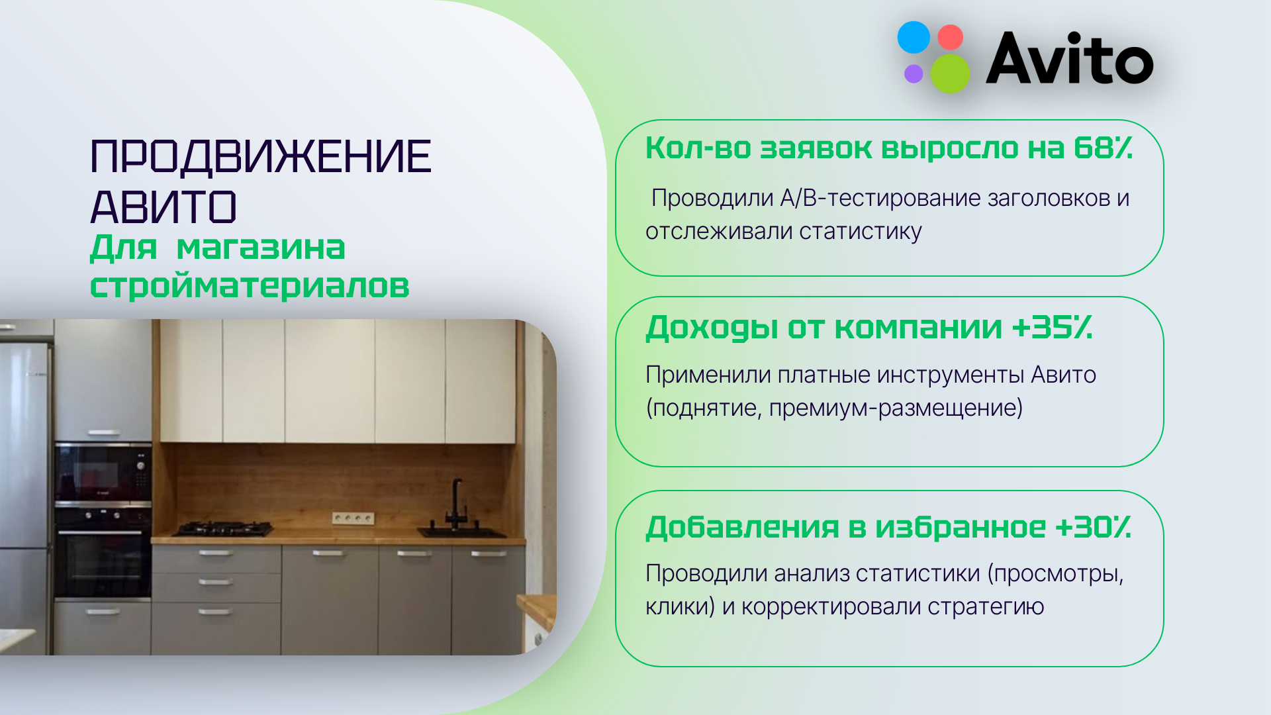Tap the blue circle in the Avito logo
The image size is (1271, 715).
click(914, 37)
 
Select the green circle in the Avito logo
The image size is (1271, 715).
click(951, 73)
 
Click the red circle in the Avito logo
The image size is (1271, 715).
click(951, 37)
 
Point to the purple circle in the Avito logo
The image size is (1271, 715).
click(914, 73)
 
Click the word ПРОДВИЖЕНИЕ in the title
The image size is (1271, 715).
click(260, 157)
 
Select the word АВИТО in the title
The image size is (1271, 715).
click(164, 207)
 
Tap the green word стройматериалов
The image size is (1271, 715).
click(250, 286)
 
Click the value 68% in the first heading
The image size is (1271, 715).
click(1103, 148)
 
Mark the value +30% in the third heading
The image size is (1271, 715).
click(1093, 527)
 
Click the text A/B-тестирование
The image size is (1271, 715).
click(880, 198)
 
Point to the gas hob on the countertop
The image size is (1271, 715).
click(223, 528)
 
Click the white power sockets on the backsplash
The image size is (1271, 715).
click(353, 518)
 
